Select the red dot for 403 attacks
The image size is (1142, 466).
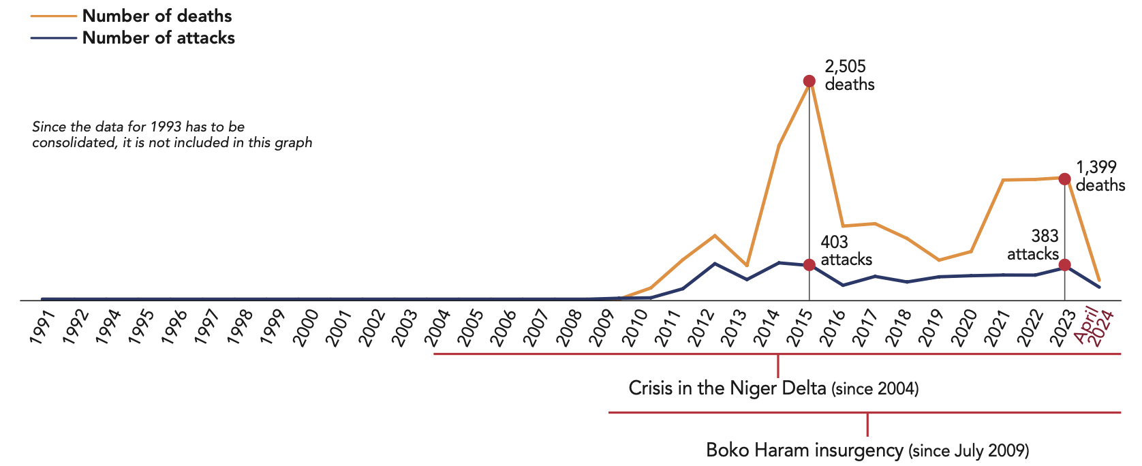(809, 265)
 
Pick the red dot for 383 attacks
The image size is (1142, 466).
(1064, 265)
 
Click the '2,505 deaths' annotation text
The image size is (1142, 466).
(849, 75)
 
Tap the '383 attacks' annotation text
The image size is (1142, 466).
(1033, 245)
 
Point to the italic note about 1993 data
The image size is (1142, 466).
(172, 134)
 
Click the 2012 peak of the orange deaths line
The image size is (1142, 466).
(714, 236)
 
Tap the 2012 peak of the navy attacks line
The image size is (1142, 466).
(714, 264)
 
